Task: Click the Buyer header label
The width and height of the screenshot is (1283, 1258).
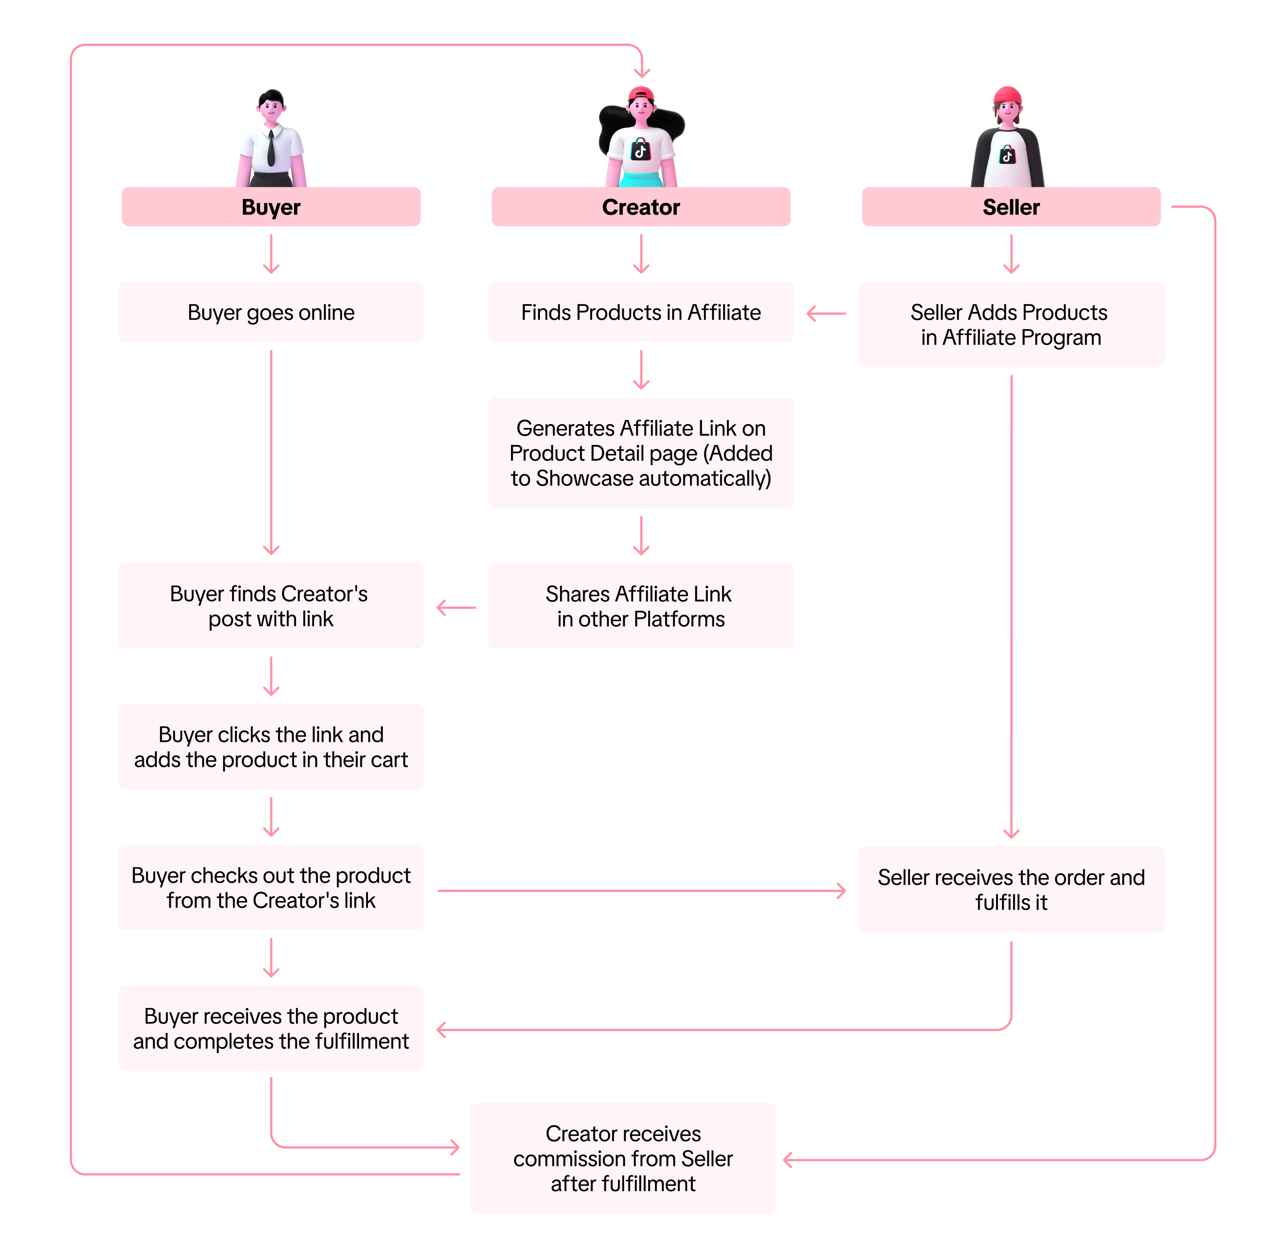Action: (271, 207)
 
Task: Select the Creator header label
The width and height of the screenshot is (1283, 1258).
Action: (641, 207)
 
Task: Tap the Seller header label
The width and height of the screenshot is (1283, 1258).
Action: (1010, 207)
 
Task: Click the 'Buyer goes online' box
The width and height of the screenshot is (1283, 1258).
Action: (271, 312)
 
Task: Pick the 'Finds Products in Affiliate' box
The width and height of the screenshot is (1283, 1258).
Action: (641, 312)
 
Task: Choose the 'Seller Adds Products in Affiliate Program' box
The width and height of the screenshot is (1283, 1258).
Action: (1010, 325)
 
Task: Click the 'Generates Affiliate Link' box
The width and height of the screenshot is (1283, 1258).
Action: (641, 452)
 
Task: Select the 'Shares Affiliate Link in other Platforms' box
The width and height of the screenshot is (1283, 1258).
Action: (641, 606)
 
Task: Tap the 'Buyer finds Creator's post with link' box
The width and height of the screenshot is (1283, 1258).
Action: (271, 606)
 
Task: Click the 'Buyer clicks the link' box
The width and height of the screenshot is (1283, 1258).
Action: (271, 747)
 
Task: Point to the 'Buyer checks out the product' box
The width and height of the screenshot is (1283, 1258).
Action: (271, 888)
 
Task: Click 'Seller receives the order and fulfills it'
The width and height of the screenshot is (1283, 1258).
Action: (1010, 889)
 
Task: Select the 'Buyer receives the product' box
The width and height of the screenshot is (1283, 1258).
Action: (271, 1028)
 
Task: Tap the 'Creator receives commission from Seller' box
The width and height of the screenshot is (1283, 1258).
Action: (623, 1158)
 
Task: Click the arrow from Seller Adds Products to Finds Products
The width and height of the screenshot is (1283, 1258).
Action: (826, 314)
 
